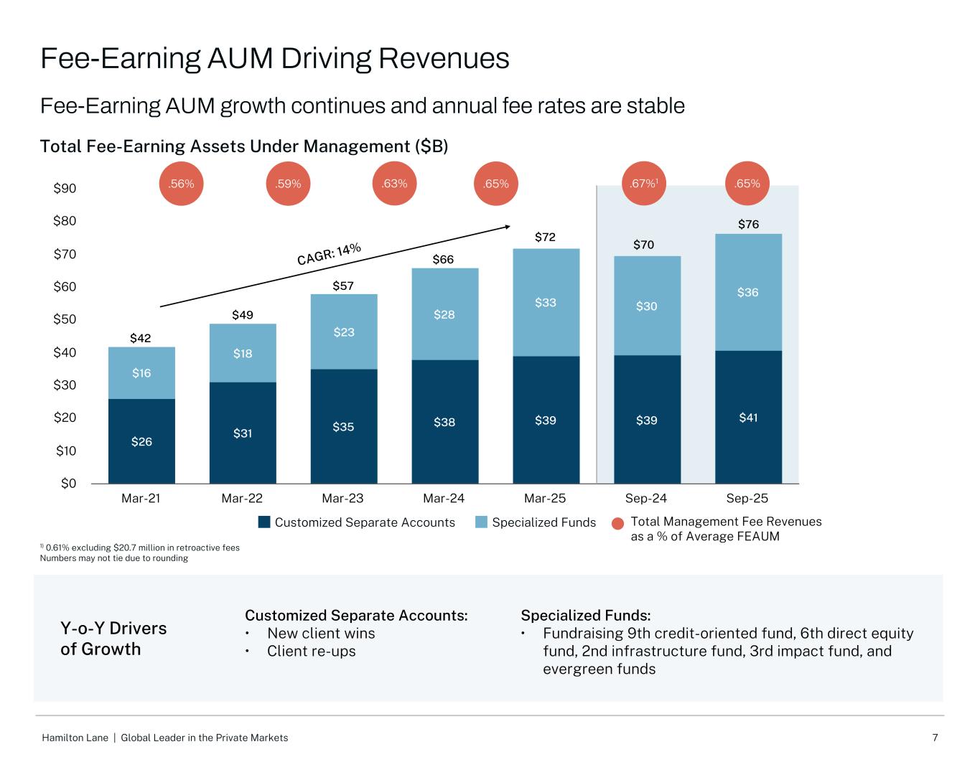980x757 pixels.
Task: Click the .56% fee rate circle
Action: coord(181,184)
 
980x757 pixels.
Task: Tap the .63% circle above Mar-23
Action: coord(394,184)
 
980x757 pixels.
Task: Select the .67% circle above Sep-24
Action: coord(643,184)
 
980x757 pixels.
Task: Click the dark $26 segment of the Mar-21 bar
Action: coord(141,441)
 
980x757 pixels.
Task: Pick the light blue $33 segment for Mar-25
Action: coord(546,303)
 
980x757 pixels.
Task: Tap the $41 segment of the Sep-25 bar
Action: coord(748,417)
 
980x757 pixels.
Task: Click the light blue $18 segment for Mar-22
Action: coord(243,353)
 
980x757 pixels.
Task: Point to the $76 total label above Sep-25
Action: coord(748,225)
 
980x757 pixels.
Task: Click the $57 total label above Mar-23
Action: coord(344,286)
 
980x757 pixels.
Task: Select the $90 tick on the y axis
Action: coord(65,189)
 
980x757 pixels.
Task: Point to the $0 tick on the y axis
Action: coord(67,484)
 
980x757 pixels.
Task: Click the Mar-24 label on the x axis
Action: coord(444,498)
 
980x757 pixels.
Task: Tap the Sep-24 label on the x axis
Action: coord(647,498)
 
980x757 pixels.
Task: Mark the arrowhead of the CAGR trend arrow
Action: coord(507,227)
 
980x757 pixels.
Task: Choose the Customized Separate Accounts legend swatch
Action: coord(264,522)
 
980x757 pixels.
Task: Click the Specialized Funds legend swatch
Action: coord(482,522)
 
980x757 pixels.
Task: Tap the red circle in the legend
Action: coord(617,525)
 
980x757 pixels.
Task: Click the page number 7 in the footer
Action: coord(935,738)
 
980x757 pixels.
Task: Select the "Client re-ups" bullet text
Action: coord(311,651)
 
